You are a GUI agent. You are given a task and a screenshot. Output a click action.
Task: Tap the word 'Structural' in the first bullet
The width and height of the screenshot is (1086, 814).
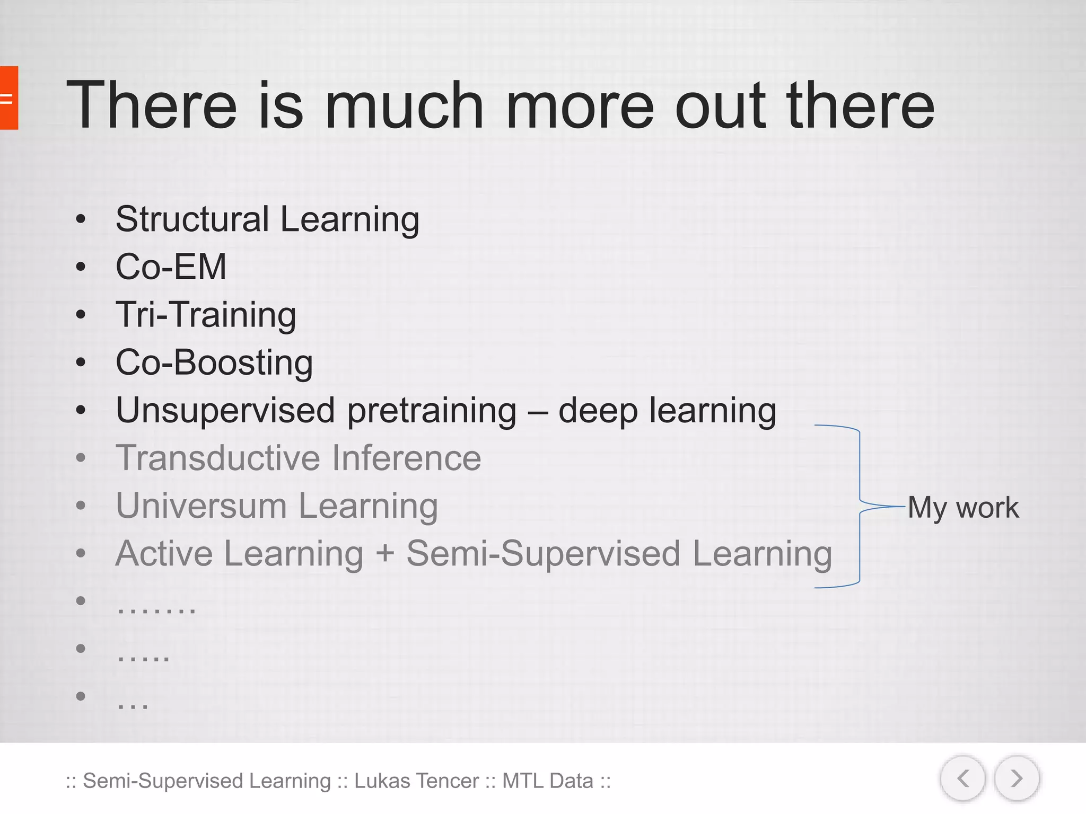[x=192, y=219]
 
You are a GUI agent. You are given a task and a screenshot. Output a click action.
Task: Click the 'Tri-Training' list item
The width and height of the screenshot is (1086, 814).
[x=206, y=315]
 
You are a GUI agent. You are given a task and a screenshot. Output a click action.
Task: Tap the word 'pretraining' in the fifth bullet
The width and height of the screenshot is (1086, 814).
[x=432, y=412]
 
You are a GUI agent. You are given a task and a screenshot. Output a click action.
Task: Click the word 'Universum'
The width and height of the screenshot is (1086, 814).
[x=202, y=506]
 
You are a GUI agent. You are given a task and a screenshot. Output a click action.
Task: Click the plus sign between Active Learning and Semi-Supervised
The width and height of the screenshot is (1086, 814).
[x=385, y=554]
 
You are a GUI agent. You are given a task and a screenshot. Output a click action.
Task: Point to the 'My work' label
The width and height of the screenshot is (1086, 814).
[x=963, y=508]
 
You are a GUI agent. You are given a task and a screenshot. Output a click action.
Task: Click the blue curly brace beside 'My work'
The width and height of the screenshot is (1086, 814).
[x=859, y=506]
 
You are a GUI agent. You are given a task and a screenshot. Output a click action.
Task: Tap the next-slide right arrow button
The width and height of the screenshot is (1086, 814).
[x=1017, y=778]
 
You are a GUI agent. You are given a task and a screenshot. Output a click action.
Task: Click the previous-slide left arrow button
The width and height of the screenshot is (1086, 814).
[x=963, y=778]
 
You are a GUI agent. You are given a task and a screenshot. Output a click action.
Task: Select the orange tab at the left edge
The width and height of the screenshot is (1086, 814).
[x=8, y=98]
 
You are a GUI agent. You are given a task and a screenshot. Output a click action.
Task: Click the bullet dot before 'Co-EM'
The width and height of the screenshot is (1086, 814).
[x=81, y=267]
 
